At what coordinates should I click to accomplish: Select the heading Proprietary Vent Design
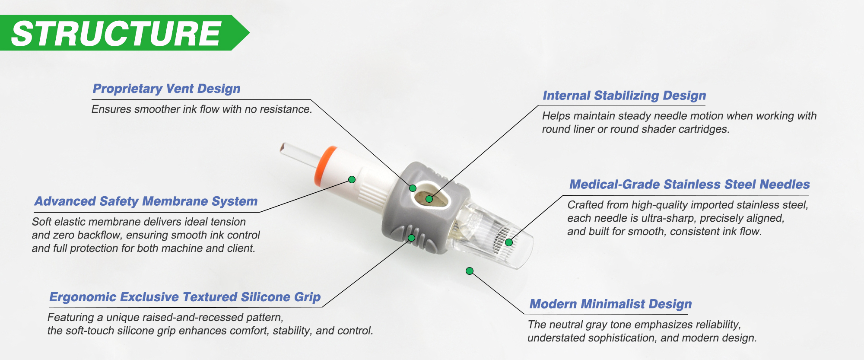(x=167, y=89)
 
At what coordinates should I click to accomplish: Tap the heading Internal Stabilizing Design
(x=624, y=96)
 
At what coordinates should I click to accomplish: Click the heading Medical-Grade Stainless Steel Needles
(x=689, y=185)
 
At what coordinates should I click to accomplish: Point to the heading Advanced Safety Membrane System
(x=146, y=201)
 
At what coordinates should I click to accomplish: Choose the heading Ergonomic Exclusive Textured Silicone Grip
(x=185, y=297)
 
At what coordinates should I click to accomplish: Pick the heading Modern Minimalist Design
(x=610, y=304)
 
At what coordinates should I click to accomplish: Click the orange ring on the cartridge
(x=326, y=166)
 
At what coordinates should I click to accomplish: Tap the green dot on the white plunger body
(x=352, y=179)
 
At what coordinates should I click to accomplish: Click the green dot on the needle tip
(x=509, y=242)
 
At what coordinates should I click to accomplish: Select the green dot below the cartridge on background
(x=470, y=271)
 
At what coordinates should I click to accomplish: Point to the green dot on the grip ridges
(x=411, y=238)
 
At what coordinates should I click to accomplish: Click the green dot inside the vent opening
(x=429, y=199)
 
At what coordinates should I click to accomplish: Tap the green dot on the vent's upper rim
(x=413, y=188)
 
